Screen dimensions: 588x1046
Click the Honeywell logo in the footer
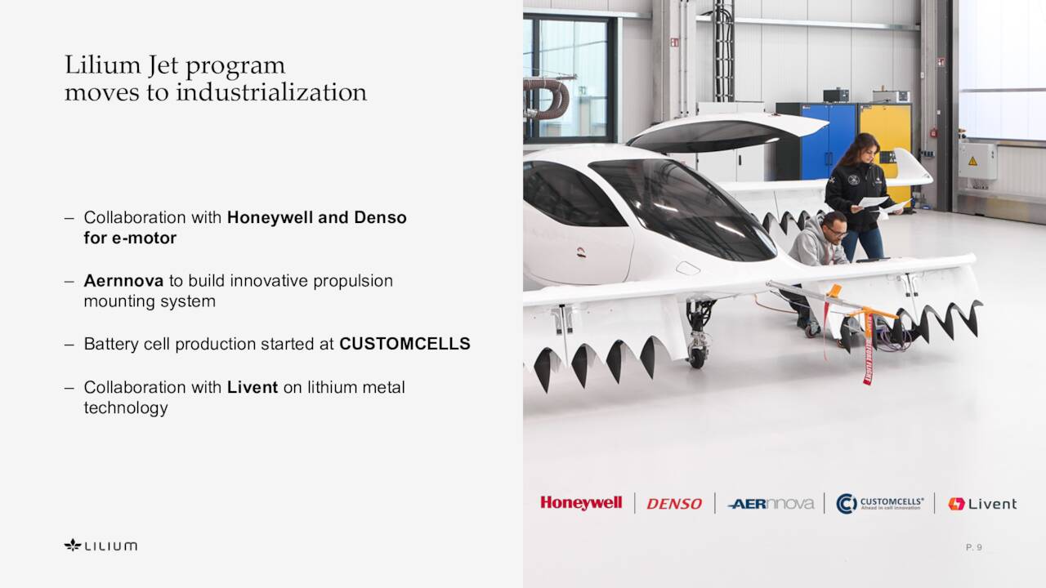581,503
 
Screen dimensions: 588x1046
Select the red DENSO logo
674,504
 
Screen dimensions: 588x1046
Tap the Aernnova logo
771,504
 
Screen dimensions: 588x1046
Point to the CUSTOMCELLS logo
880,503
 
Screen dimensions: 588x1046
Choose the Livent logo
982,504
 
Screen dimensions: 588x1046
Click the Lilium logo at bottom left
101,545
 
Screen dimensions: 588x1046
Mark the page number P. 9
973,547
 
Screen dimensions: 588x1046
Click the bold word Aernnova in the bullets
123,281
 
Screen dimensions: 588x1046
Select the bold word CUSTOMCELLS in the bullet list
405,344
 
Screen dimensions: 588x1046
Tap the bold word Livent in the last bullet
253,387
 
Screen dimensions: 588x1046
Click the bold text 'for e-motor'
130,238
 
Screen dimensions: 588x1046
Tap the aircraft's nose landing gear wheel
697,357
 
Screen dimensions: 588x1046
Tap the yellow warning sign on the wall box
972,161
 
